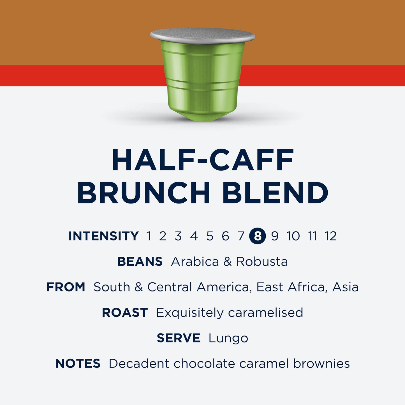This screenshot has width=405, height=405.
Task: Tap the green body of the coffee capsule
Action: (x=202, y=81)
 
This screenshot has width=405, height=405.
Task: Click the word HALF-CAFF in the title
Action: (x=203, y=160)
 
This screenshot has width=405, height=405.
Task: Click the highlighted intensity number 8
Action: (x=257, y=236)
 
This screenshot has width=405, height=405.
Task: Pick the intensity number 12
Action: (x=331, y=236)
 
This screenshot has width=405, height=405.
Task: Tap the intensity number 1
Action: (x=149, y=236)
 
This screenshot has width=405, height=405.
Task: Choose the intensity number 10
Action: (x=293, y=236)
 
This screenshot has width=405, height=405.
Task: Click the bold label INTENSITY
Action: (x=104, y=236)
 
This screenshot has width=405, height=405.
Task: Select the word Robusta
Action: (x=262, y=261)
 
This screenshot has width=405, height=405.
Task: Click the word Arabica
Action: (x=195, y=261)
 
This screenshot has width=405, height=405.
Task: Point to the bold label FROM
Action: (x=66, y=287)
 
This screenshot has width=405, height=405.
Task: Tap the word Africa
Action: (x=306, y=287)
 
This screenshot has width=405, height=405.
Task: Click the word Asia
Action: (x=345, y=287)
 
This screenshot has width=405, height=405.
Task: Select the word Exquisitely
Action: (x=189, y=313)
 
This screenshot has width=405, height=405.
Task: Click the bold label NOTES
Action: (x=78, y=364)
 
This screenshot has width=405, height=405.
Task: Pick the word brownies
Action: (x=321, y=364)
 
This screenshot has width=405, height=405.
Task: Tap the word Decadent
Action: (x=139, y=364)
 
